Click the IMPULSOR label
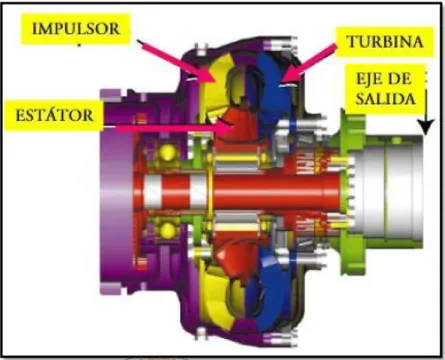(x=76, y=29)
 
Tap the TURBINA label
(x=385, y=42)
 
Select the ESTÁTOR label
(x=54, y=115)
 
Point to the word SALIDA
(x=385, y=98)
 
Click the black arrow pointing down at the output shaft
(x=426, y=107)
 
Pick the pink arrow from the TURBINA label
(x=310, y=63)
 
